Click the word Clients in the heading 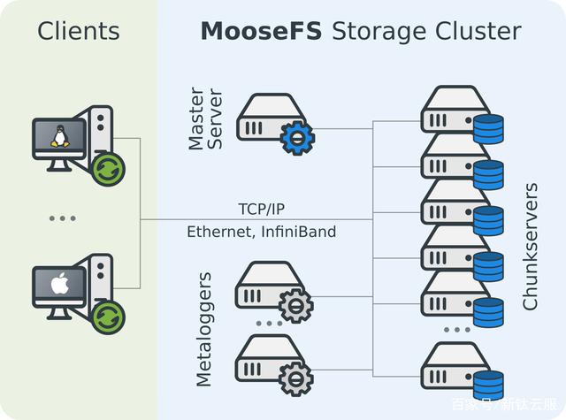pyautogui.click(x=79, y=31)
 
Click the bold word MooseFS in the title pyautogui.click(x=261, y=31)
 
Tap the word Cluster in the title pyautogui.click(x=478, y=31)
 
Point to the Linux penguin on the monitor pyautogui.click(x=60, y=136)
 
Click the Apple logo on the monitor pyautogui.click(x=60, y=283)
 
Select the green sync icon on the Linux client pyautogui.click(x=107, y=169)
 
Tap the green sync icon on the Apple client pyautogui.click(x=107, y=317)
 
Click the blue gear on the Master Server pyautogui.click(x=297, y=138)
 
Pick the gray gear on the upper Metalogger pyautogui.click(x=296, y=306)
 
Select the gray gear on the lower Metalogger pyautogui.click(x=296, y=379)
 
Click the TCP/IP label pyautogui.click(x=262, y=210)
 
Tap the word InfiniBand pyautogui.click(x=299, y=232)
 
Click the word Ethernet pyautogui.click(x=219, y=232)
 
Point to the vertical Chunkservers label pyautogui.click(x=530, y=247)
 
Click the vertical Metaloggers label pyautogui.click(x=203, y=330)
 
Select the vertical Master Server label pyautogui.click(x=205, y=118)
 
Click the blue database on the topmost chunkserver pyautogui.click(x=488, y=129)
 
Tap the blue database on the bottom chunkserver pyautogui.click(x=488, y=385)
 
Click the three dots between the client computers pyautogui.click(x=63, y=218)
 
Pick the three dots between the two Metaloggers pyautogui.click(x=269, y=324)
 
